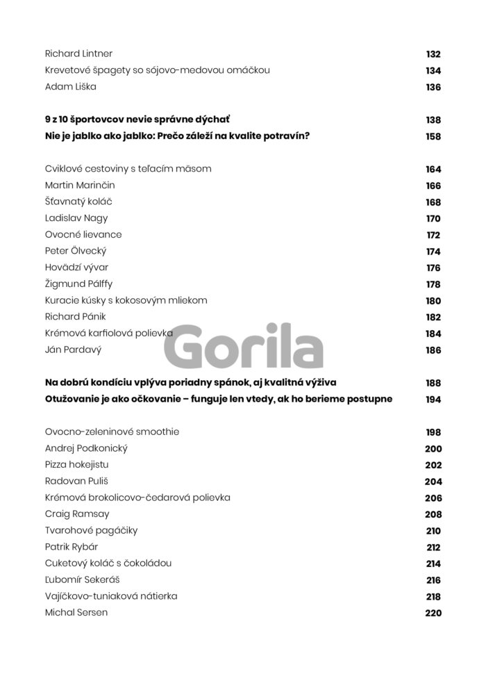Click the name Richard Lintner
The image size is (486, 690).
pyautogui.click(x=78, y=54)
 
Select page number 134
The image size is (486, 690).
pyautogui.click(x=433, y=71)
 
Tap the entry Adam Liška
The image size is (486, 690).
pyautogui.click(x=70, y=87)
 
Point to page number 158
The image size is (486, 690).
pyautogui.click(x=433, y=137)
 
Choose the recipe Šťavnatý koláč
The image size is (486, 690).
pyautogui.click(x=78, y=202)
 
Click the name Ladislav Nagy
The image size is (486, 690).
pyautogui.click(x=76, y=218)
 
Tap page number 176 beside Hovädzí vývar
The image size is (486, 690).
pyautogui.click(x=433, y=268)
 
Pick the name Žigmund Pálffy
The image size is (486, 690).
pyautogui.click(x=78, y=284)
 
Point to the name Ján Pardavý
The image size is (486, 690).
pyautogui.click(x=73, y=350)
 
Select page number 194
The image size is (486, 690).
pyautogui.click(x=433, y=400)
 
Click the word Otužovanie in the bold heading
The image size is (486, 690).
pyautogui.click(x=74, y=399)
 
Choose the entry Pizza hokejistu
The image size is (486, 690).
pyautogui.click(x=76, y=464)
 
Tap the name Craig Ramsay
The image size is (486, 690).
pyautogui.click(x=76, y=514)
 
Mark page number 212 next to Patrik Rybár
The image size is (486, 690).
pyautogui.click(x=433, y=548)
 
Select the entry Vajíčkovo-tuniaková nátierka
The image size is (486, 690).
pyautogui.click(x=111, y=596)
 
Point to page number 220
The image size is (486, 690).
pyautogui.click(x=433, y=614)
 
